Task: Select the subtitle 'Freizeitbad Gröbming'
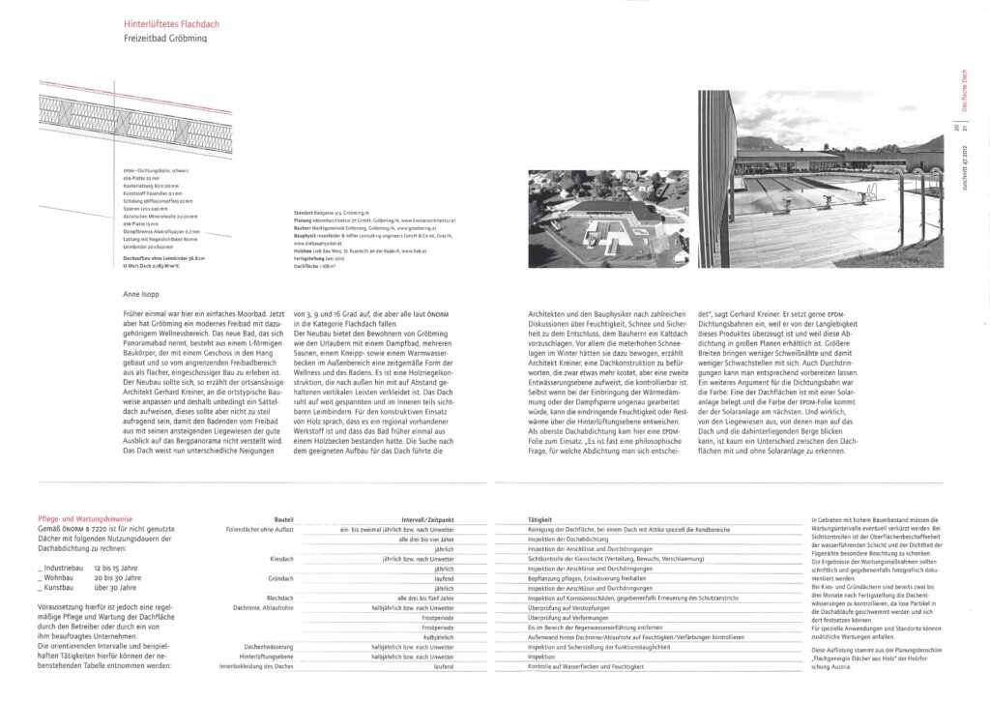click(165, 39)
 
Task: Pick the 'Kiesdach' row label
click(281, 559)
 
